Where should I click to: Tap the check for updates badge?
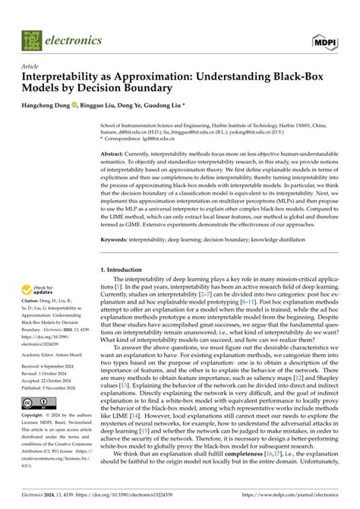36,290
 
